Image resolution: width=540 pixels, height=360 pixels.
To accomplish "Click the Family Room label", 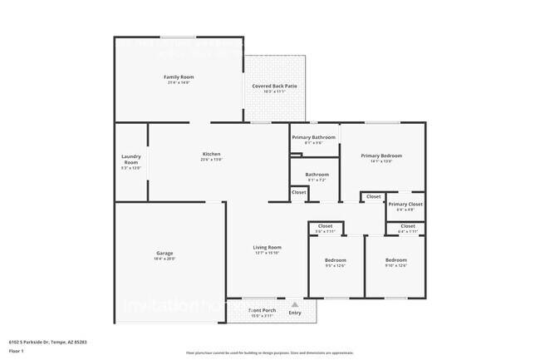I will tap(179, 77).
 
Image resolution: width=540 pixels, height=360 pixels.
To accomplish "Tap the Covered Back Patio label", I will tap(274, 86).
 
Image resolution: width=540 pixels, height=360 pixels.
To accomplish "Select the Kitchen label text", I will tap(211, 154).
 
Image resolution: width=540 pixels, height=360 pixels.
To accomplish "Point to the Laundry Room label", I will tap(130, 158).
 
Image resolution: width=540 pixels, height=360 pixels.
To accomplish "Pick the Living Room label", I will tap(267, 247).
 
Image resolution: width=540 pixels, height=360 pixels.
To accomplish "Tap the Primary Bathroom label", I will tap(313, 137).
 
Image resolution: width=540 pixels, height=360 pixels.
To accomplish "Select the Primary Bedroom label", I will tap(381, 155).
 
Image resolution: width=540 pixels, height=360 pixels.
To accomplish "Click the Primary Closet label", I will tap(405, 204).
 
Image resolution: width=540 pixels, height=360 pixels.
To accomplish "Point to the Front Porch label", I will tap(263, 310).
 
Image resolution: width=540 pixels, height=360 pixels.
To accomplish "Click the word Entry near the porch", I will tap(294, 313).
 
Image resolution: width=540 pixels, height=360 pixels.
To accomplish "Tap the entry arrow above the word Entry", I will tap(294, 304).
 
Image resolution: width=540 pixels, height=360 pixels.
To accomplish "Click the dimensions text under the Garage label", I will tap(164, 259).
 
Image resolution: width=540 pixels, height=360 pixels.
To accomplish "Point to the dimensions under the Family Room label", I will tap(179, 83).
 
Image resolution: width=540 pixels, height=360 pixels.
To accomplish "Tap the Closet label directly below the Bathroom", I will tap(298, 192).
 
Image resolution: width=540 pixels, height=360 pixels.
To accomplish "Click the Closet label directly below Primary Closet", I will tap(407, 225).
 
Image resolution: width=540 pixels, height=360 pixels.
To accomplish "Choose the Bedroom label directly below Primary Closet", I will tap(395, 260).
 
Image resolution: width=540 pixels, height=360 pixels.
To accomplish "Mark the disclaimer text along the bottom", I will tap(269, 353).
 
